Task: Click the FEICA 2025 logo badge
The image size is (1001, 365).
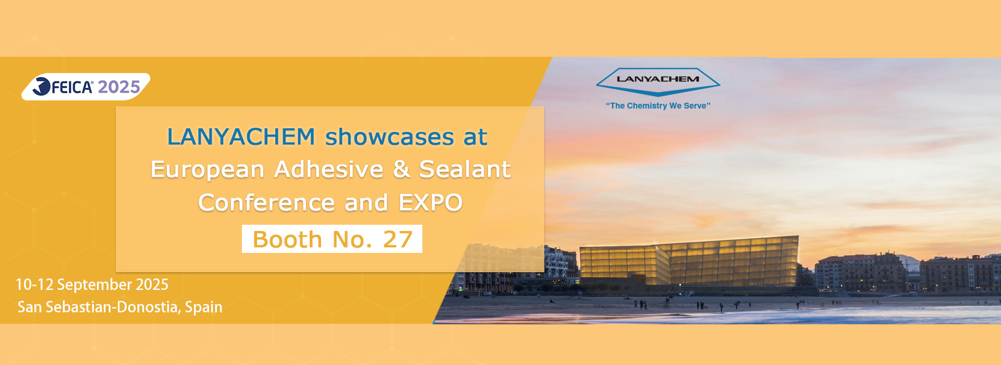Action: click(x=86, y=87)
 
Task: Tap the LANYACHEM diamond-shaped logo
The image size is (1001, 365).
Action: click(x=658, y=82)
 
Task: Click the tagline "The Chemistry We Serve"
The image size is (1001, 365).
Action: click(x=658, y=106)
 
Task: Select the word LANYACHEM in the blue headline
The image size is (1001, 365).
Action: click(x=241, y=137)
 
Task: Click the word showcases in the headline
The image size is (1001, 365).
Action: click(x=389, y=137)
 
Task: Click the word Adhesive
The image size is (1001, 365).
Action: click(x=329, y=169)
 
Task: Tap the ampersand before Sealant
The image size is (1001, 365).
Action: click(x=401, y=169)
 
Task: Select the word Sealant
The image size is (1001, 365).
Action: click(x=465, y=169)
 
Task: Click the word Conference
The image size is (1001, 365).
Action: click(x=266, y=203)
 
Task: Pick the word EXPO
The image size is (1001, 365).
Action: click(x=431, y=203)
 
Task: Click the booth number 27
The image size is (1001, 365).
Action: click(x=398, y=240)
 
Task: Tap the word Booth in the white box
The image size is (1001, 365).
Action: click(x=287, y=240)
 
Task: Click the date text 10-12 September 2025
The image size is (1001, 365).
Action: click(x=92, y=285)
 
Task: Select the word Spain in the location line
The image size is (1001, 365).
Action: click(x=204, y=308)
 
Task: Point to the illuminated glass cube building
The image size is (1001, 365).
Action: click(x=689, y=263)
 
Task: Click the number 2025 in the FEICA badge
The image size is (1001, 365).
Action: click(x=119, y=87)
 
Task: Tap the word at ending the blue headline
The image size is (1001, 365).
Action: click(x=475, y=137)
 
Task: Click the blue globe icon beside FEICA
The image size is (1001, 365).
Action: click(x=41, y=87)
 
